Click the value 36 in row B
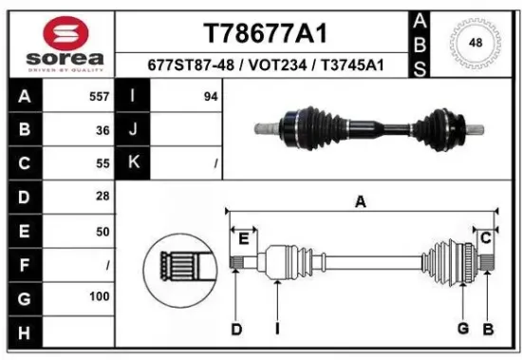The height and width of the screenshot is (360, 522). point(102,130)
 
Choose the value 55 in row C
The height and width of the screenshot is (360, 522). point(102,163)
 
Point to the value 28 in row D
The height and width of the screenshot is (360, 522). point(102,197)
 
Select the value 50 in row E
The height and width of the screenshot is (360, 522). point(102,230)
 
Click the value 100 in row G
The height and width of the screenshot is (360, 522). point(98,297)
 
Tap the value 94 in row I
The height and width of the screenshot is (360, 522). point(211,97)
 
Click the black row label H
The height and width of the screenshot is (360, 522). point(24,332)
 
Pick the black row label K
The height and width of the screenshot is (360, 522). point(132,163)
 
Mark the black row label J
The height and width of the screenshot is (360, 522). point(132,130)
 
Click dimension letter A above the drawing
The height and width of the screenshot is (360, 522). point(361,200)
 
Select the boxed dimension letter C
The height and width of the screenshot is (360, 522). point(485,237)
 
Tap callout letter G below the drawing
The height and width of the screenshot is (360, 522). point(463,329)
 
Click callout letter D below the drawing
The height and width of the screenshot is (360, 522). point(236,329)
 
